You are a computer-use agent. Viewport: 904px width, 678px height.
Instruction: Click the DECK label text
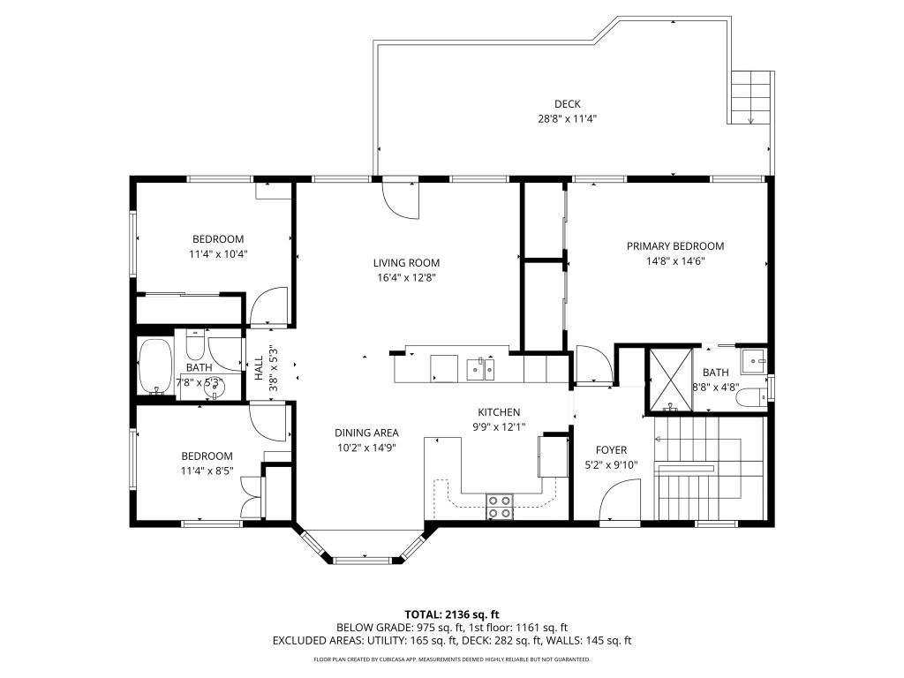(x=567, y=103)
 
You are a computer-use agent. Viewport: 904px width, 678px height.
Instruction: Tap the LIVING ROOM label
(x=406, y=262)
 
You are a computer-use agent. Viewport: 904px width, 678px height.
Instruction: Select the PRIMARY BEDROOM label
(x=675, y=246)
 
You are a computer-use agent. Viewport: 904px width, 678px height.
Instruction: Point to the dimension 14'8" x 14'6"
(x=675, y=260)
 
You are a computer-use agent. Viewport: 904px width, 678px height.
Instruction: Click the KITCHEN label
(x=499, y=412)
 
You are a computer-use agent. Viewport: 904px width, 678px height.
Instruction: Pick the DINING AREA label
(x=366, y=433)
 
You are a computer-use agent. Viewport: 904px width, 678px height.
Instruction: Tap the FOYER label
(x=611, y=449)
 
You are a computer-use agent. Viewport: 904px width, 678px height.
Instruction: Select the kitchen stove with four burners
(x=500, y=506)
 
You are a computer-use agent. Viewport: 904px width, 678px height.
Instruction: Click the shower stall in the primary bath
(x=670, y=380)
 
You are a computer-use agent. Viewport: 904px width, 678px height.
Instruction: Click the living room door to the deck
(x=400, y=199)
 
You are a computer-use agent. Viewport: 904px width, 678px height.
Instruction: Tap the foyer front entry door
(x=621, y=503)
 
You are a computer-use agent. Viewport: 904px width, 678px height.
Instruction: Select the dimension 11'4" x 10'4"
(x=218, y=253)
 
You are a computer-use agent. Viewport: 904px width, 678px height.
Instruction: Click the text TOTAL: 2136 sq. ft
(x=452, y=614)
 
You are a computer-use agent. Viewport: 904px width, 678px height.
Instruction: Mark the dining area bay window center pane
(x=363, y=559)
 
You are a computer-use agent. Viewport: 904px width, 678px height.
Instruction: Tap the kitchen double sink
(x=481, y=367)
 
